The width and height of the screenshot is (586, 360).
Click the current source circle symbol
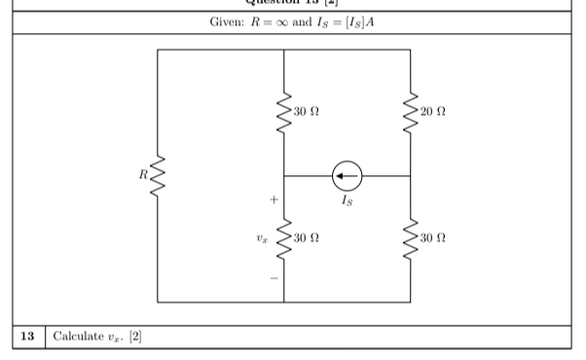(347, 176)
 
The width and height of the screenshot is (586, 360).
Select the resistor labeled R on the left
(157, 176)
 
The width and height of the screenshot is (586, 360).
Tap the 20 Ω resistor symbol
(410, 114)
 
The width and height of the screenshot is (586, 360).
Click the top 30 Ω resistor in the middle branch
(283, 114)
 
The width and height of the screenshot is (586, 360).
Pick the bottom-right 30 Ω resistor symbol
(410, 238)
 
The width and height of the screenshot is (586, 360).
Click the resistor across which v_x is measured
(283, 238)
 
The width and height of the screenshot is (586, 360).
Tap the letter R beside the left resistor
(141, 175)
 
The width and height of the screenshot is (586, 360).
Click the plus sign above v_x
(275, 199)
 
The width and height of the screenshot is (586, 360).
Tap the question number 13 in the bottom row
(28, 337)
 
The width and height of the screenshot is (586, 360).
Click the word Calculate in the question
(79, 337)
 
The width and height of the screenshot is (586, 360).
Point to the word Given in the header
(226, 22)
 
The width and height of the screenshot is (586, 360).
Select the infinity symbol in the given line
(289, 22)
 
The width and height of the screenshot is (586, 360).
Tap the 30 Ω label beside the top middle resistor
(307, 114)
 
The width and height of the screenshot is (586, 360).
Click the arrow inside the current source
(346, 176)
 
